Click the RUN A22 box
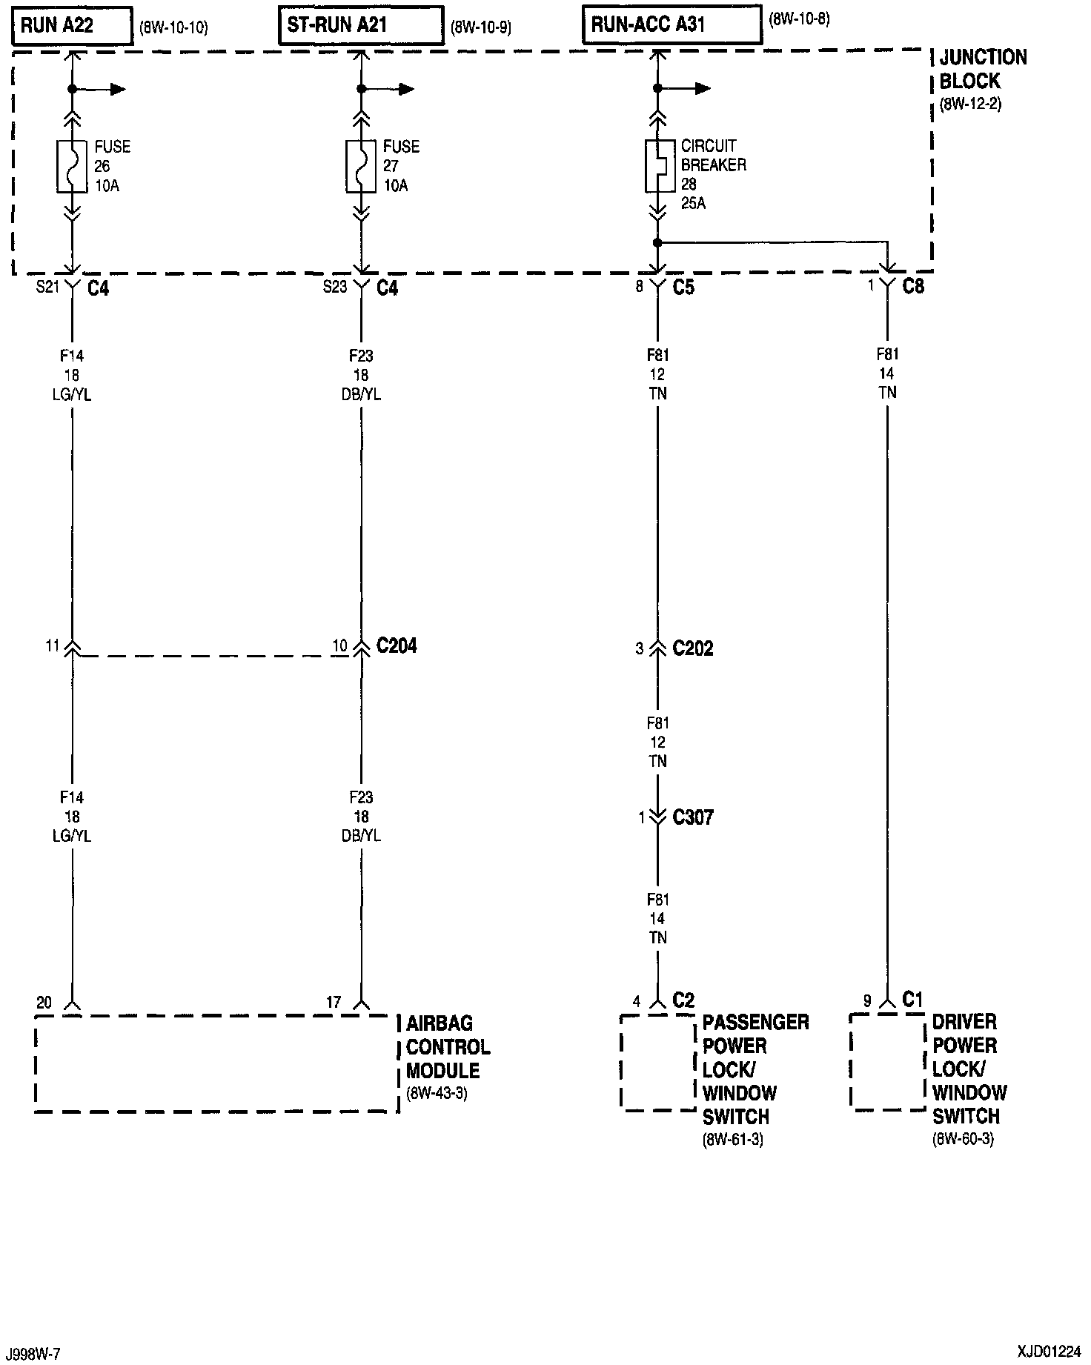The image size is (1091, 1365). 72,27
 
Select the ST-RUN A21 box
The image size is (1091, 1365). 361,27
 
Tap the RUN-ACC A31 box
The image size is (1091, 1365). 671,26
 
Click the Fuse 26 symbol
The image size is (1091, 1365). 72,167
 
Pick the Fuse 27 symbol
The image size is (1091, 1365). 361,167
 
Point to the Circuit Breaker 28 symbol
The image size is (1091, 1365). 657,167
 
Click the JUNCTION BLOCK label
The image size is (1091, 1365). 982,70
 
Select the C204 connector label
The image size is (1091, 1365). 397,646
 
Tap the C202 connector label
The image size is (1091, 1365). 692,649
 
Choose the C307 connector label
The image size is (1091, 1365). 692,818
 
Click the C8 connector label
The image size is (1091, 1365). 913,287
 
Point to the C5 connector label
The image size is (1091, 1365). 683,287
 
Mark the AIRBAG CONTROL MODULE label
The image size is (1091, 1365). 448,1047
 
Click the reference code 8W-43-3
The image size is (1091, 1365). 437,1094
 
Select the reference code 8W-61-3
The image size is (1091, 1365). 733,1140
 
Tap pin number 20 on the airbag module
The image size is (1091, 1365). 44,1003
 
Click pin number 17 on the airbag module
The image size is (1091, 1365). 334,1003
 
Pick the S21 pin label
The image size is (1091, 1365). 47,287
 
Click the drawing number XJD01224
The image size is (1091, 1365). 1049,1351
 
